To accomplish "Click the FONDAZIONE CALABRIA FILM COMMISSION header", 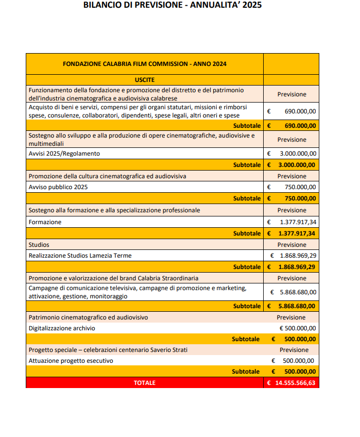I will coord(144,64).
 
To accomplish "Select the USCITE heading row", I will coord(144,80).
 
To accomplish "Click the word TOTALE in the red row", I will coord(144,383).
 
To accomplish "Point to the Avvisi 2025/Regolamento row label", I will coord(64,154).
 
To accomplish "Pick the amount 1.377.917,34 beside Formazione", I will coord(298,222).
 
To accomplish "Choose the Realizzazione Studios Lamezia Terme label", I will coord(80,256).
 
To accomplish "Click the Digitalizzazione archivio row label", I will coord(62,328).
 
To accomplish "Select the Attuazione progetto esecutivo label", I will coord(71,361).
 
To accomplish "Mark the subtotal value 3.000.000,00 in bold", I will coord(298,165).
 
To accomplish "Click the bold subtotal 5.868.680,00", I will coord(298,306).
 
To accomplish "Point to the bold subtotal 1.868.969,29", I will coord(298,267).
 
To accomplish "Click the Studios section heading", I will coord(39,245).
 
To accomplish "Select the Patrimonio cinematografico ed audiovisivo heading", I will coord(88,317).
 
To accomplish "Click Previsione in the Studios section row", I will coord(292,245).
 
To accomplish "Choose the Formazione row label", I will coord(45,222).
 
